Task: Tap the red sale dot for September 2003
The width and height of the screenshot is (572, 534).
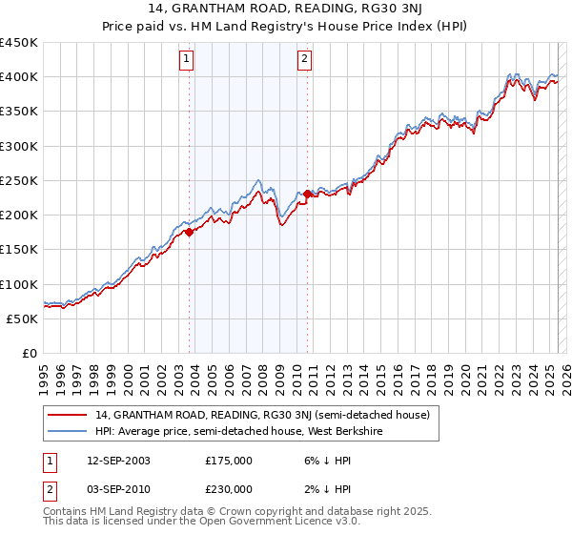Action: (190, 232)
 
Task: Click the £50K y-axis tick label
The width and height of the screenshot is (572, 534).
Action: (22, 318)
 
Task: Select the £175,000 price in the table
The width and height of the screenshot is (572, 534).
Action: (229, 461)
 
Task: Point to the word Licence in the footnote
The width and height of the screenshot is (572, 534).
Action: (263, 524)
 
